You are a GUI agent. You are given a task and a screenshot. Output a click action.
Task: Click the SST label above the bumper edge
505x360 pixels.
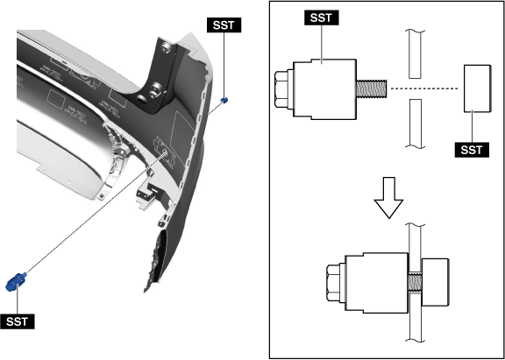[x=224, y=25]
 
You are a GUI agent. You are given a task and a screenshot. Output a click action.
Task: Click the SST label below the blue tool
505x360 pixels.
[x=18, y=321]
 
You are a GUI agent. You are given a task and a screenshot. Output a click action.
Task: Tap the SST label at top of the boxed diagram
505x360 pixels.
[x=322, y=18]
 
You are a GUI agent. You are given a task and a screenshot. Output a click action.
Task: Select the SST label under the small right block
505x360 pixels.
[x=472, y=150]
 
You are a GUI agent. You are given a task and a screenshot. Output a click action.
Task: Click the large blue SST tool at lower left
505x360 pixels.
[x=15, y=281]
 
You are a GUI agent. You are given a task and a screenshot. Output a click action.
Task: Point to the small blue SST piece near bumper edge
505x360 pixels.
[x=224, y=101]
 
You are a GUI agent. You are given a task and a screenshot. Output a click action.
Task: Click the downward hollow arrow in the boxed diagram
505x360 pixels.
[x=388, y=198]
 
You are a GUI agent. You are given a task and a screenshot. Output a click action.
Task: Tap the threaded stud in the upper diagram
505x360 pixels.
[x=373, y=89]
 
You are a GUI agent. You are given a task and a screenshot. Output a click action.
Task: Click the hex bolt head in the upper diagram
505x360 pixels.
[x=284, y=89]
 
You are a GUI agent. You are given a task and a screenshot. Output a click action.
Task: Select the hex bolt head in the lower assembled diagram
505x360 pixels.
[x=336, y=283]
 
